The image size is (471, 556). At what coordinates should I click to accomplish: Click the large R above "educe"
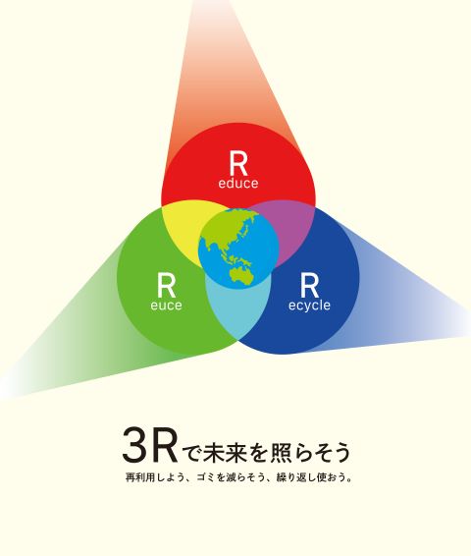coord(238,163)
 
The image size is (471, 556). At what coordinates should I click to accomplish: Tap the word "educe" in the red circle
coord(238,183)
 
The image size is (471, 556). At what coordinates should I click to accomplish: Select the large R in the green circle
coord(166,286)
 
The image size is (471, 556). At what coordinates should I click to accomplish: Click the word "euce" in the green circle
coord(166,306)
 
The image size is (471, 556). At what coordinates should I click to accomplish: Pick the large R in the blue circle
coord(309,286)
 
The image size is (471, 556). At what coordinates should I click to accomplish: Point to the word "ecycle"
coord(309,306)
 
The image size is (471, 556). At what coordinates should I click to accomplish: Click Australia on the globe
coord(243,275)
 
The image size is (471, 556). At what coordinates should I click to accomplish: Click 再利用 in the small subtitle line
coord(141,477)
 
